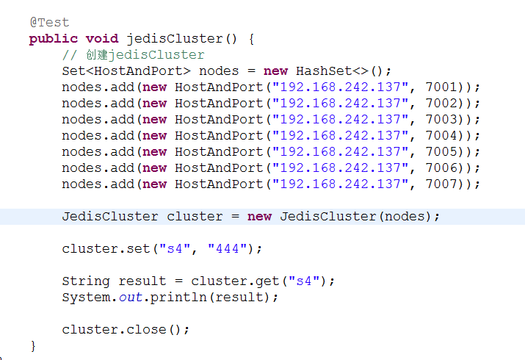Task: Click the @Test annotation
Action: [49, 23]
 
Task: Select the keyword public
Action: [54, 39]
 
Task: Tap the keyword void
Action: [102, 38]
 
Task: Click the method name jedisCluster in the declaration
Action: [175, 39]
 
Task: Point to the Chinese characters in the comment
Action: [96, 54]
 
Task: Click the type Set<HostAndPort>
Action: [126, 71]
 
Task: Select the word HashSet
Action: [323, 71]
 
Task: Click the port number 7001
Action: [441, 87]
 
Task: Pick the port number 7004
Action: [441, 136]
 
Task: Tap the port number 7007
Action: [441, 184]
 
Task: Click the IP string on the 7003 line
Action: [340, 120]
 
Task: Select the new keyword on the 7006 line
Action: [154, 168]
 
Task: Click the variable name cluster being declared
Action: [195, 216]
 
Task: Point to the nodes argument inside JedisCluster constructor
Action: [405, 217]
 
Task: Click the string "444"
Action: [228, 248]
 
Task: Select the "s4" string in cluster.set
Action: [175, 248]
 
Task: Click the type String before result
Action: [86, 281]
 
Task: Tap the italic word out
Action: [131, 298]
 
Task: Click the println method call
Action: [178, 298]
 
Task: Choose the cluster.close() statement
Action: [126, 330]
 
